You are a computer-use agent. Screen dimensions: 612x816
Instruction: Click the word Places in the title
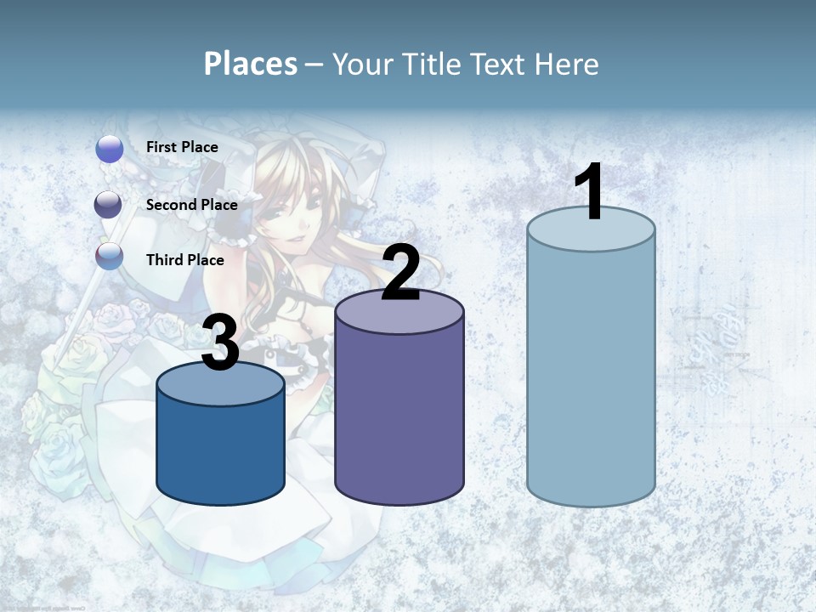250,64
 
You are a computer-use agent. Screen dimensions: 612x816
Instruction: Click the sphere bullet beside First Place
110,149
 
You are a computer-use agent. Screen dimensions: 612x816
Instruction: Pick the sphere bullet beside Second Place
109,205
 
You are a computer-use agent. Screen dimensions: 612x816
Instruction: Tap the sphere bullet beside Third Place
110,256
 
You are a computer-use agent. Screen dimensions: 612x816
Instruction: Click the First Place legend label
182,147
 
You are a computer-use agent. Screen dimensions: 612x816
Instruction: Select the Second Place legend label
191,205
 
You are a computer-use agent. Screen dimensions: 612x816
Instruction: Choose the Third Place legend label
185,260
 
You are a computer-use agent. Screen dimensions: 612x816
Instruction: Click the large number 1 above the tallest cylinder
590,192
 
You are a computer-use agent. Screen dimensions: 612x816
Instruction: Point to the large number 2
400,273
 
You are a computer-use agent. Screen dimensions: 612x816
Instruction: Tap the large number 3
221,343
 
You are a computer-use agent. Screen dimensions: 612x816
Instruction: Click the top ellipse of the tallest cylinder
591,230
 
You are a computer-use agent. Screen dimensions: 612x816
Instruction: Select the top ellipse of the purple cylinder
399,312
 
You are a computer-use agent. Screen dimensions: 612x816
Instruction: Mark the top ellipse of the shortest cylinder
221,385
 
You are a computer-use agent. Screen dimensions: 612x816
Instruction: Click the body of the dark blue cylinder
221,450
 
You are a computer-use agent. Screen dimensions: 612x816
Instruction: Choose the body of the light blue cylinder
591,374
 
